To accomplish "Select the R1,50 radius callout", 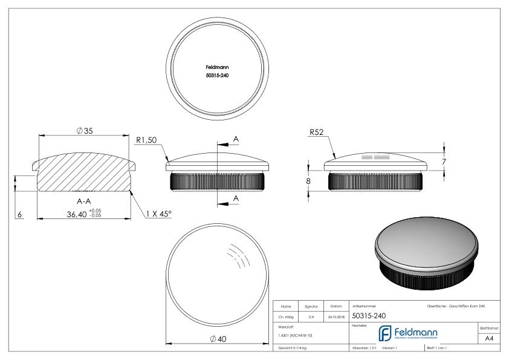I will [x=148, y=140].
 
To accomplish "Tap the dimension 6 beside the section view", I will [x=19, y=214].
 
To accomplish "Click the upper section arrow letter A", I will [x=236, y=140].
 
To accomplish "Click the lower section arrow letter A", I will [x=236, y=198].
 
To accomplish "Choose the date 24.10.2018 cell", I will [x=336, y=315].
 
